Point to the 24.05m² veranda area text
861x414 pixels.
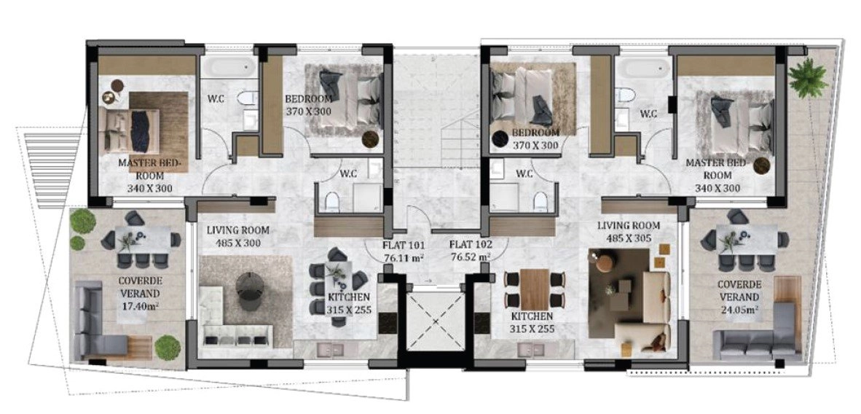pyautogui.click(x=740, y=309)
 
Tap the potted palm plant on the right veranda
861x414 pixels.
pyautogui.click(x=807, y=77)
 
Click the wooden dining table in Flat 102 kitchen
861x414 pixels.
pyautogui.click(x=535, y=289)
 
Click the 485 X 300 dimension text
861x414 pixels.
pyautogui.click(x=234, y=243)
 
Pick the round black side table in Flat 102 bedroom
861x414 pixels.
pyautogui.click(x=500, y=139)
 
